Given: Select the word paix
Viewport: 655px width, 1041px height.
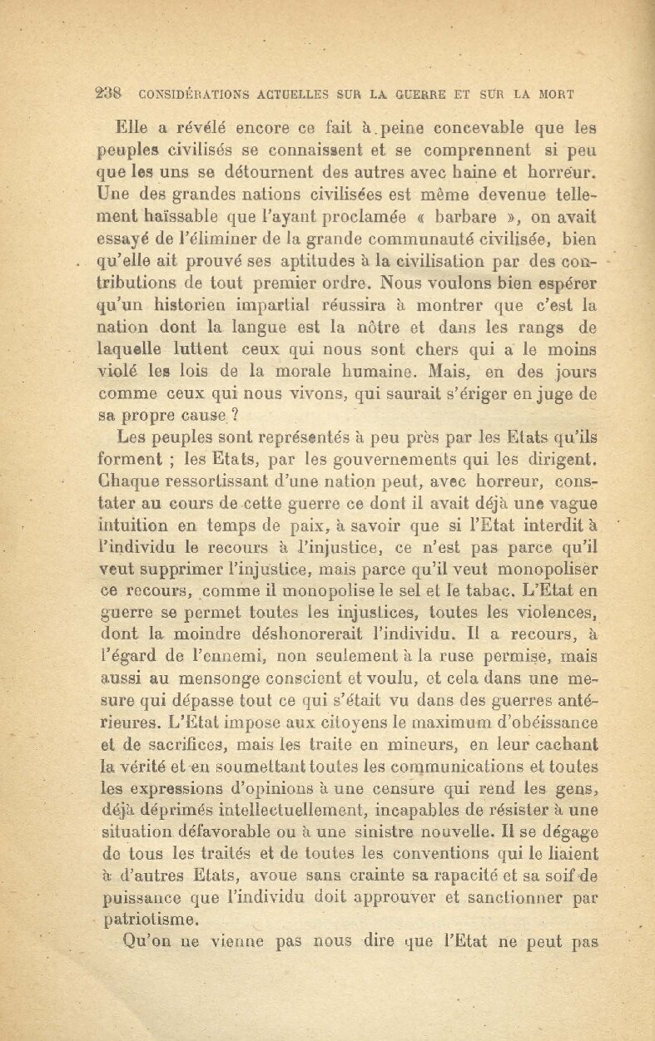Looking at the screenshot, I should point(322,525).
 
